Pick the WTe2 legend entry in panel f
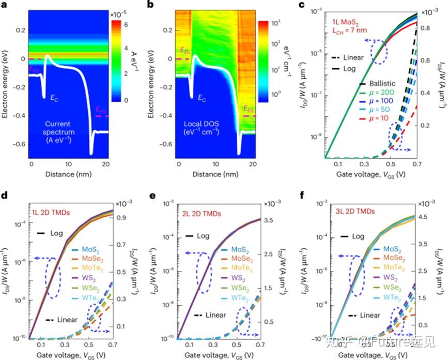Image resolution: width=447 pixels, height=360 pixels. [378, 296]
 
